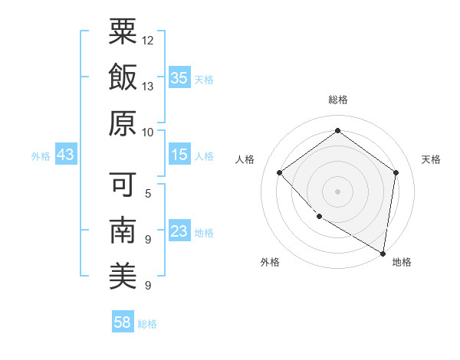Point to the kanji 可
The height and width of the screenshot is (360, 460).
[123, 184]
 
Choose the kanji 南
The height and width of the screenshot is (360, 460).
[123, 230]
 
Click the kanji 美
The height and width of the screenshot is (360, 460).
[123, 276]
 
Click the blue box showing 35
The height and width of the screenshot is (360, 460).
[179, 77]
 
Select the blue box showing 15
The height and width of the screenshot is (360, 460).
[179, 155]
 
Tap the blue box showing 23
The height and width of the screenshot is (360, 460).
[179, 231]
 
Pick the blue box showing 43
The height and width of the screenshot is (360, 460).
[66, 155]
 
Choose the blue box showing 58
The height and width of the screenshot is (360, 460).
[123, 322]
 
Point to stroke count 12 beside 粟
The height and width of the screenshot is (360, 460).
[148, 39]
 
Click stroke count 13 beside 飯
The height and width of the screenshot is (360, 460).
[148, 86]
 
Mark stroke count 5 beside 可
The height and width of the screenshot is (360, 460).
[147, 193]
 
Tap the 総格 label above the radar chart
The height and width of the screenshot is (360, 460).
[337, 100]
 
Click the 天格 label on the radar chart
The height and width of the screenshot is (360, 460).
[431, 159]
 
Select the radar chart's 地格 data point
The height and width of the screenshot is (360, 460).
[382, 252]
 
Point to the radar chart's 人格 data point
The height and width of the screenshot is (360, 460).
[280, 172]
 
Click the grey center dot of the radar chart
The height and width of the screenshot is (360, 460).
[337, 191]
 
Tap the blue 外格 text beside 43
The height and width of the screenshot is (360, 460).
[41, 155]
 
